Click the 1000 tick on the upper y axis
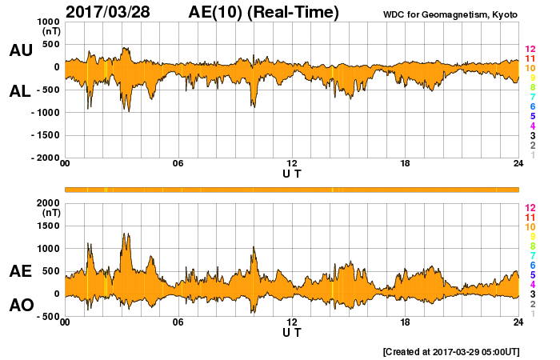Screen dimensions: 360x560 click(46, 22)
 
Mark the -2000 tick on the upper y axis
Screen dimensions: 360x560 click(45, 158)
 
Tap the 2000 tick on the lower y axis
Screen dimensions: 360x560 click(46, 203)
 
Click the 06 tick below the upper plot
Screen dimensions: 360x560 click(178, 164)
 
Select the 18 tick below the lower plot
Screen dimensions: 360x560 click(405, 322)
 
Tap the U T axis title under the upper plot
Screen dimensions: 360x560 click(292, 174)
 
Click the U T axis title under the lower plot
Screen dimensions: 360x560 click(292, 332)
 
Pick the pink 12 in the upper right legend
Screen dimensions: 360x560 click(529, 50)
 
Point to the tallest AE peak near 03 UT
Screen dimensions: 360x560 click(126, 234)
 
